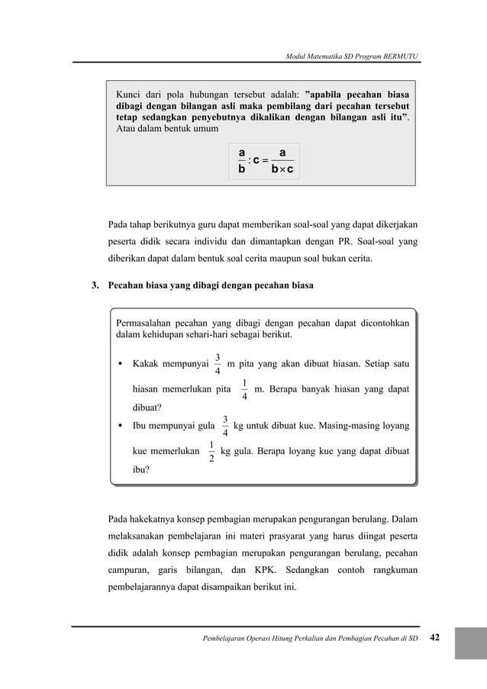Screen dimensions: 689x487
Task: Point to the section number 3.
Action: point(95,286)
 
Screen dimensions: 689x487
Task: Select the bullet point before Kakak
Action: point(121,363)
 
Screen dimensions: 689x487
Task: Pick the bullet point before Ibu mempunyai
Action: point(121,425)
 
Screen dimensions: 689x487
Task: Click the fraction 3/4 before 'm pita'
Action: point(218,364)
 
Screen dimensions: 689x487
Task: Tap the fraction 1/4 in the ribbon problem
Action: point(243,388)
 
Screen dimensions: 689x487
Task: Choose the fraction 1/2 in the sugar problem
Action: point(210,451)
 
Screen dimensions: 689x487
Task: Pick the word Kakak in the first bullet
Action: point(150,363)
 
